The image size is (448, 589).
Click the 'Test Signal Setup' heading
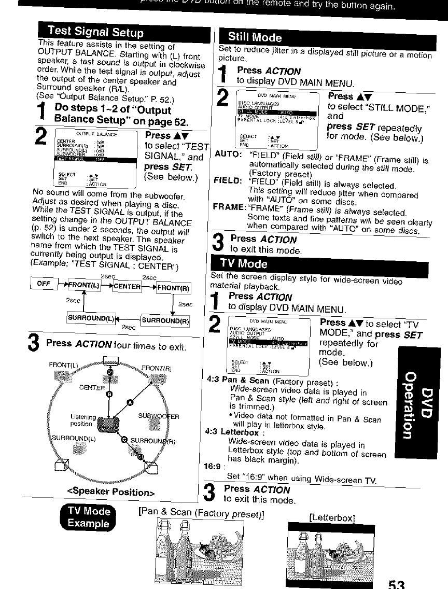click(94, 33)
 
